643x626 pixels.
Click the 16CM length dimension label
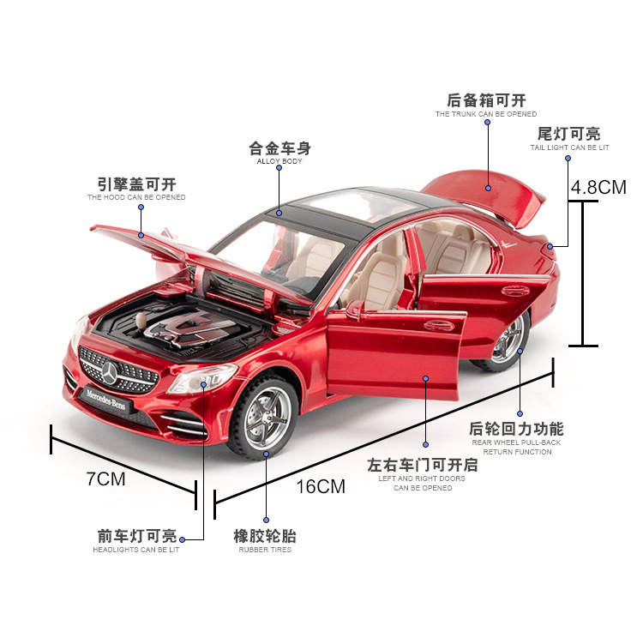tap(321, 487)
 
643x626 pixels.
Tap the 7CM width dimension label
tap(106, 479)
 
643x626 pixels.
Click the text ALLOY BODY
tap(279, 161)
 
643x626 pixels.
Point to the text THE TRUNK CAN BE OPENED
tap(486, 114)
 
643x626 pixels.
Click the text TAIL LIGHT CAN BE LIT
tap(569, 147)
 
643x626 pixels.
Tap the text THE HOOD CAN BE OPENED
tap(136, 197)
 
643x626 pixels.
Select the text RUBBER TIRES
tap(265, 550)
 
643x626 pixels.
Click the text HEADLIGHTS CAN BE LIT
tap(136, 550)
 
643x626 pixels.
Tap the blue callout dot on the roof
tap(279, 212)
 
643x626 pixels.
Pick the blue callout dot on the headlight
tap(204, 384)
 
